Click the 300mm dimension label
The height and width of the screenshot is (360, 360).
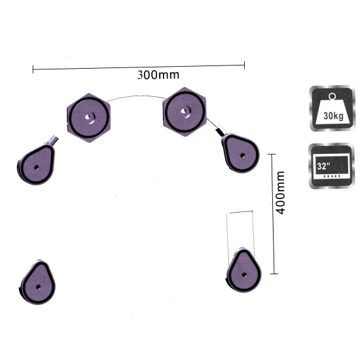click(x=158, y=75)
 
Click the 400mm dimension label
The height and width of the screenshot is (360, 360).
click(x=281, y=192)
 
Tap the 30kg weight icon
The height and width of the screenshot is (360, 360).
click(x=332, y=109)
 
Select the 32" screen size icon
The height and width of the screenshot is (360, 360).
click(x=331, y=166)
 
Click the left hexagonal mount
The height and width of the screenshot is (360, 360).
click(x=88, y=118)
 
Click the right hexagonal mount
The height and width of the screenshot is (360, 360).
click(x=185, y=112)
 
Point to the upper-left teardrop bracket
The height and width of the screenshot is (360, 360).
click(x=36, y=164)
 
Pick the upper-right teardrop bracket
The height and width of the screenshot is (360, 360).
click(x=240, y=153)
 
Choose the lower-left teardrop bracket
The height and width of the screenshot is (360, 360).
click(x=37, y=282)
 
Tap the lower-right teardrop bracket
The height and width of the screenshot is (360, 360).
click(x=243, y=270)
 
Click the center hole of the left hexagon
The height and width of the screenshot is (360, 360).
click(x=88, y=118)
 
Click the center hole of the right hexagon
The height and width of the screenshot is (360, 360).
click(x=183, y=111)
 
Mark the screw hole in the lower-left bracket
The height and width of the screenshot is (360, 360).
click(x=38, y=287)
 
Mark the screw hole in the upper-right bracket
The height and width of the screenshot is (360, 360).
click(x=242, y=156)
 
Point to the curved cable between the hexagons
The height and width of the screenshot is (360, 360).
click(x=136, y=96)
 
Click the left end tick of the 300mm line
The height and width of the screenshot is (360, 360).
click(x=33, y=69)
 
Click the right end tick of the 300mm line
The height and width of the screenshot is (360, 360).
click(x=244, y=65)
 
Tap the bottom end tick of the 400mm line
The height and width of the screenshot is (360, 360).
click(x=274, y=274)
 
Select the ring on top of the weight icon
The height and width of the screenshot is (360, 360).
click(x=332, y=96)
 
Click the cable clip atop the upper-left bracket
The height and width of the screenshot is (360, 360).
click(x=53, y=140)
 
